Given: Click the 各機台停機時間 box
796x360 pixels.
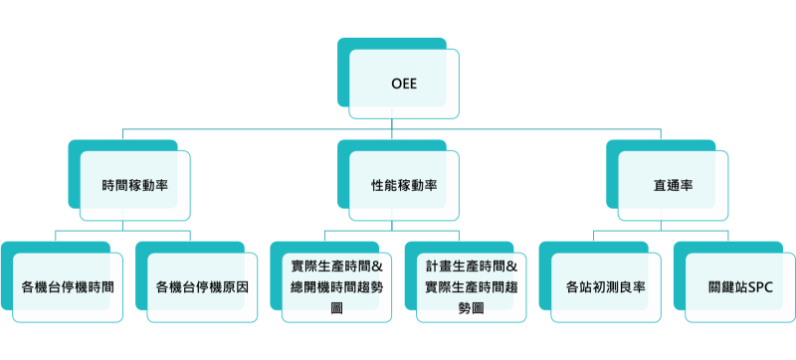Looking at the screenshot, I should [x=67, y=287].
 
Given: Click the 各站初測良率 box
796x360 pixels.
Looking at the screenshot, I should [x=606, y=287].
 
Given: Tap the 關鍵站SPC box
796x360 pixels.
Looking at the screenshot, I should [x=740, y=287].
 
